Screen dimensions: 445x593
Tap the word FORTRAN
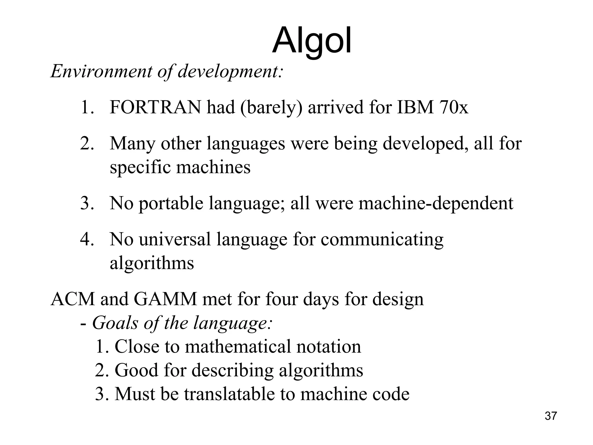pos(155,107)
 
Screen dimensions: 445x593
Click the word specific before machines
pos(140,168)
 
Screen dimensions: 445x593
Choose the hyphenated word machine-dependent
pos(436,204)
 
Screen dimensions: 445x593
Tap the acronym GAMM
pos(165,299)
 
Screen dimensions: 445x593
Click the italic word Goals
pos(115,323)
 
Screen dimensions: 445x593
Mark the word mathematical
pos(237,347)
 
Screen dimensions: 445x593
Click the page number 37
pos(551,416)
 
